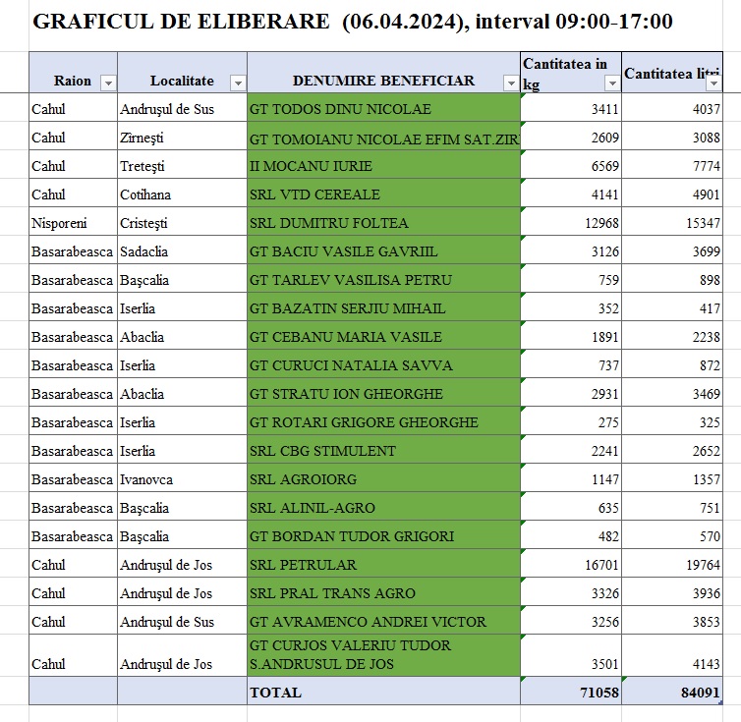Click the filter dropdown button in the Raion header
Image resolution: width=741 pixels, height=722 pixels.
[x=108, y=83]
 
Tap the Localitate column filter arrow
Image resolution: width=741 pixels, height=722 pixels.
[x=237, y=83]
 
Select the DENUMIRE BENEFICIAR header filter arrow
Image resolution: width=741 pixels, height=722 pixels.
[x=510, y=83]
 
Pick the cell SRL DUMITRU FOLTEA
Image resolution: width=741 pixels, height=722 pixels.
[x=329, y=223]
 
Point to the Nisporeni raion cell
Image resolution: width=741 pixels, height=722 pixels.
[x=61, y=223]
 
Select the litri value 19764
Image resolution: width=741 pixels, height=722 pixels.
[x=702, y=565]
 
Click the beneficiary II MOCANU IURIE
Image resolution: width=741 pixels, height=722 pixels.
[x=311, y=166]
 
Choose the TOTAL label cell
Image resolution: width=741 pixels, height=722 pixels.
[x=276, y=692]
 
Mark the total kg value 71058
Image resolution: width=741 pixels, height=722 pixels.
[x=599, y=692]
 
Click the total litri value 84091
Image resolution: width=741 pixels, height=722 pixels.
[x=701, y=692]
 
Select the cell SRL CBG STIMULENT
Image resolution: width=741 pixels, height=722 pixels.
[x=323, y=451]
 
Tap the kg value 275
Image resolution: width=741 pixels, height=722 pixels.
[x=609, y=422]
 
